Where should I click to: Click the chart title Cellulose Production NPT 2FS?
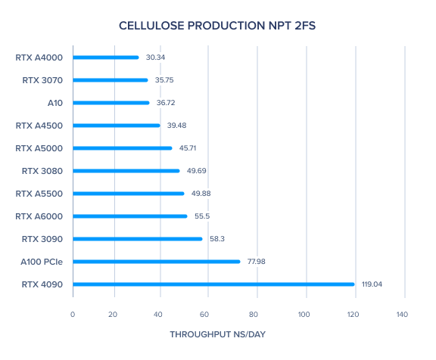(217, 26)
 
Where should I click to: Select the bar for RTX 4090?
(213, 284)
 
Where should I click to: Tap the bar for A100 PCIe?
(157, 262)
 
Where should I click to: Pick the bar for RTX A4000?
(106, 57)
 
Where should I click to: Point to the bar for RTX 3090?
(138, 239)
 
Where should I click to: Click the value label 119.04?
(372, 284)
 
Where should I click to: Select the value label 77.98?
(257, 262)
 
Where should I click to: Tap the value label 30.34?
(155, 57)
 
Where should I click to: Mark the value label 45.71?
(188, 148)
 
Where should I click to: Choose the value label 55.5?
(202, 216)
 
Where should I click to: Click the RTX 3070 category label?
(42, 80)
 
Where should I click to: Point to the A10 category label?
(55, 103)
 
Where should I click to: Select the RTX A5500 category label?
(39, 194)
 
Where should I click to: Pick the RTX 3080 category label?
(42, 171)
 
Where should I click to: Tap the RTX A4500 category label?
(39, 126)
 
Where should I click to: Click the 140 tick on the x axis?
(402, 315)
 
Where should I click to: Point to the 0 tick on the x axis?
(73, 315)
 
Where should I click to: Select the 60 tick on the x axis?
(204, 315)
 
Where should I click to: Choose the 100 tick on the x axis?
(304, 315)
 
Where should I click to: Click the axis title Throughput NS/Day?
(218, 334)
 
